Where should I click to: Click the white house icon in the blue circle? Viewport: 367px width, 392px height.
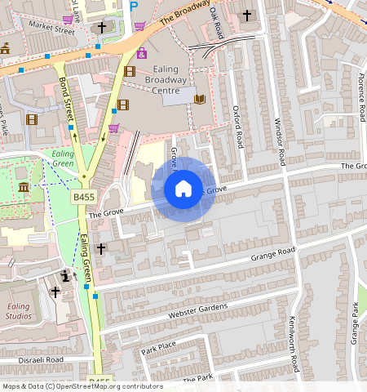pyautogui.click(x=183, y=189)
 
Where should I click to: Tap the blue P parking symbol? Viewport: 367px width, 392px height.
pyautogui.click(x=134, y=6)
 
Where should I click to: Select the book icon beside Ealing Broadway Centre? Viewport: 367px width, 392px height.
pyautogui.click(x=200, y=99)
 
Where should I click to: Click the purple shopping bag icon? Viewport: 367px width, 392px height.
pyautogui.click(x=142, y=53)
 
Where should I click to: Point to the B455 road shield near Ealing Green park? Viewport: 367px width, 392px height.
pyautogui.click(x=83, y=197)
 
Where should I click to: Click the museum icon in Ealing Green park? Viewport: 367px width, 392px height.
pyautogui.click(x=24, y=188)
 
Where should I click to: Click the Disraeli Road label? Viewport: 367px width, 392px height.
pyautogui.click(x=32, y=360)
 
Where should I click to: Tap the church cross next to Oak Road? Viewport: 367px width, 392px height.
pyautogui.click(x=247, y=16)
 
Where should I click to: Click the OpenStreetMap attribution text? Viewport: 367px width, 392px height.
pyautogui.click(x=82, y=386)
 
